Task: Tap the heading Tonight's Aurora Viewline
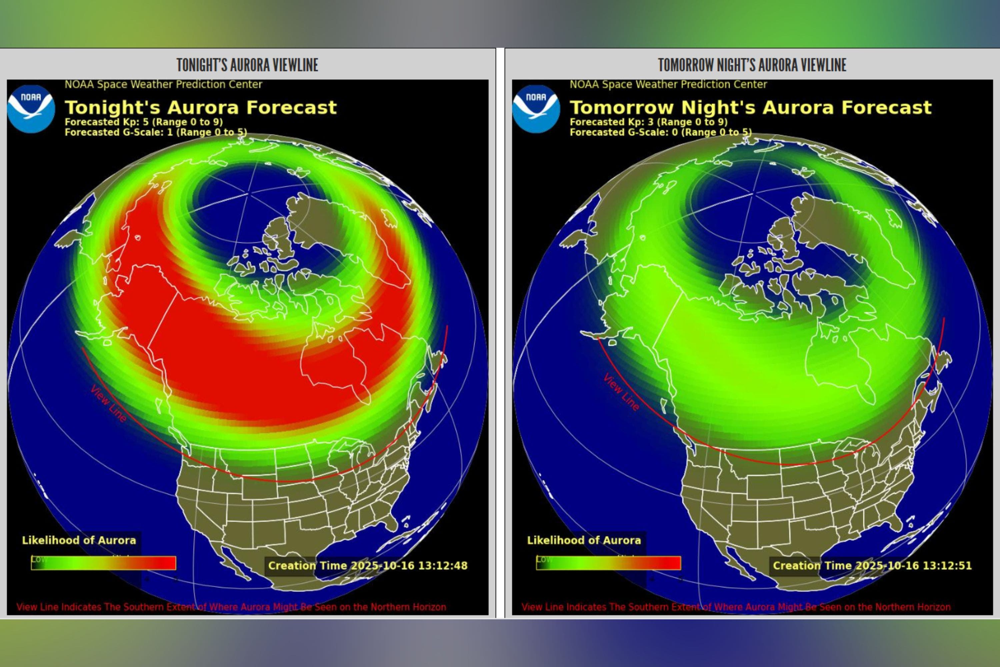coord(247,65)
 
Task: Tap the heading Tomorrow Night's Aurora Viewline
coord(752,65)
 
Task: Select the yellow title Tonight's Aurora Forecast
coord(200,107)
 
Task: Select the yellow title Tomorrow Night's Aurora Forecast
coord(750,107)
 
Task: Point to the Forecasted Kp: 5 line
coord(144,122)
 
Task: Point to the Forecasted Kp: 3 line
coord(648,122)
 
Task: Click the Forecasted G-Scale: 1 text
coord(156,132)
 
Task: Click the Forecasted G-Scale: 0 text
coord(660,132)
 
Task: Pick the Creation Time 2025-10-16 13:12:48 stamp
coord(367,565)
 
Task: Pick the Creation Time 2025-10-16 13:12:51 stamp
coord(872,565)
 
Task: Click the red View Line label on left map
coord(108,403)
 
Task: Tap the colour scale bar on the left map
coord(103,563)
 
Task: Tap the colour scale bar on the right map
coord(608,563)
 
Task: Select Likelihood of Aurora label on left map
coord(79,540)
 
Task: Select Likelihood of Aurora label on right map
coord(584,540)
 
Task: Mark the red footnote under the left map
coord(231,607)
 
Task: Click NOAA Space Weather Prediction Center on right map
coord(668,84)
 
